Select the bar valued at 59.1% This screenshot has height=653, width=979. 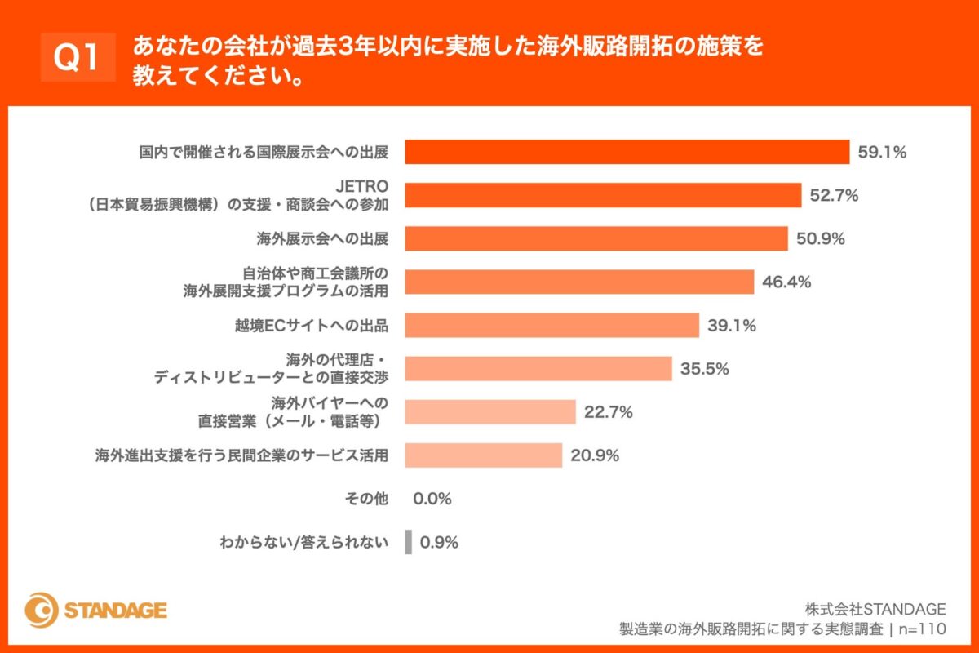click(x=627, y=152)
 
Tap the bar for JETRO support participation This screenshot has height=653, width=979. click(x=603, y=195)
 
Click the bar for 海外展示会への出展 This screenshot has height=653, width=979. click(x=596, y=238)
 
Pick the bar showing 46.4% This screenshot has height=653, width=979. click(x=579, y=282)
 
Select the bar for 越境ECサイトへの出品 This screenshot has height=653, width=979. click(x=552, y=325)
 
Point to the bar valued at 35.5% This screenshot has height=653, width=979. click(x=538, y=368)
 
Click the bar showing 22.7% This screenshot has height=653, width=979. click(x=490, y=411)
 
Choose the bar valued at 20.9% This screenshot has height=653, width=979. click(x=484, y=455)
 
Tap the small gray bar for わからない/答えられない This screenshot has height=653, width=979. click(x=408, y=542)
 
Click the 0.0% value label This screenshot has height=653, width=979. click(x=432, y=499)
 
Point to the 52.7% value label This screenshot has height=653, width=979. click(x=835, y=195)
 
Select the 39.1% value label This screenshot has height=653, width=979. click(x=732, y=325)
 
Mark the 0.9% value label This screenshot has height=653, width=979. click(x=439, y=542)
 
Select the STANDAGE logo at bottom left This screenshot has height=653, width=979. click(x=95, y=610)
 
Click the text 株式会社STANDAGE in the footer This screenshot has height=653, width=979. click(x=875, y=609)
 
